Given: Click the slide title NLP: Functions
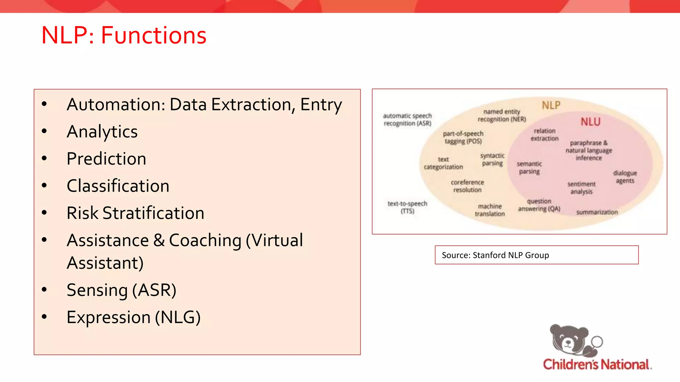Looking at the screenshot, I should pyautogui.click(x=124, y=35).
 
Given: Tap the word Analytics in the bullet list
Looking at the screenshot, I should pyautogui.click(x=102, y=132).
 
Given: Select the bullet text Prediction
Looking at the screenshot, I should pyautogui.click(x=106, y=159).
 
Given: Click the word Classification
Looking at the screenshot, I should pyautogui.click(x=118, y=186).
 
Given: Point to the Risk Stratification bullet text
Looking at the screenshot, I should pyautogui.click(x=135, y=213).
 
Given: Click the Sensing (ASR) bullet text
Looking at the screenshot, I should pyautogui.click(x=121, y=290).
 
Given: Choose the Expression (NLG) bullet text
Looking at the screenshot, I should pyautogui.click(x=133, y=317).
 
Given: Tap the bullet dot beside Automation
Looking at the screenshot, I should pyautogui.click(x=44, y=104).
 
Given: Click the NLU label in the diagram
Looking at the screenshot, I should pyautogui.click(x=590, y=122).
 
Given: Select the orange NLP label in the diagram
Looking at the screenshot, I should pyautogui.click(x=551, y=105).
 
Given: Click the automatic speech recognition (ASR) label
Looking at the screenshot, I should pyautogui.click(x=407, y=120).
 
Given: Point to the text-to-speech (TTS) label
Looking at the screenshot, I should pyautogui.click(x=407, y=207).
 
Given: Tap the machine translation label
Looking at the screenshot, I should pyautogui.click(x=490, y=210).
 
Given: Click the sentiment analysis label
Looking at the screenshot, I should pyautogui.click(x=581, y=188).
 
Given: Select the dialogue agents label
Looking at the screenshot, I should pyautogui.click(x=625, y=177).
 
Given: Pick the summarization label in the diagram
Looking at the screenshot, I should pyautogui.click(x=597, y=212).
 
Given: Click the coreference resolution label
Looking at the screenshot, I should pyautogui.click(x=467, y=186).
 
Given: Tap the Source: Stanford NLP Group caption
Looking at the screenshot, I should pyautogui.click(x=495, y=255).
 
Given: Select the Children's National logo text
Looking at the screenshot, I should pyautogui.click(x=597, y=364).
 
